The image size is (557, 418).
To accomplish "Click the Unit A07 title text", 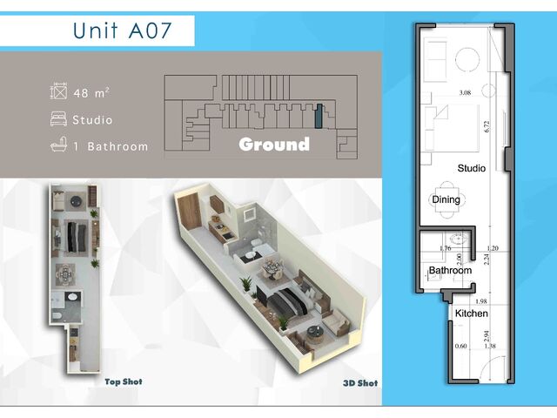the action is tap(122, 30).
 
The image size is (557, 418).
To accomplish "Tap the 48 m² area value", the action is tap(91, 93).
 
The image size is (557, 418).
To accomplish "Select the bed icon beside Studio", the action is tap(58, 119).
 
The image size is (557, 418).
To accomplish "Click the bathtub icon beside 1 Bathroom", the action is tap(58, 145).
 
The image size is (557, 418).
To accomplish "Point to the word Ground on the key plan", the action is tap(274, 144).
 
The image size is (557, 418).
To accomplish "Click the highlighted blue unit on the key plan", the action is tap(319, 116).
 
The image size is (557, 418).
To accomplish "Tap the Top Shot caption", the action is tap(124, 381).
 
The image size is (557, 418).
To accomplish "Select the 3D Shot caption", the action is tap(360, 383).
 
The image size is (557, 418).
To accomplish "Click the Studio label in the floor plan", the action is tap(472, 168).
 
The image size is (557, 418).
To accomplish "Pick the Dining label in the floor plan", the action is tap(446, 199).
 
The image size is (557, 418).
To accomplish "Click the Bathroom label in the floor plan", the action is tap(450, 270).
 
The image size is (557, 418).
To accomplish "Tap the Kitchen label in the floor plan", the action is tap(472, 313).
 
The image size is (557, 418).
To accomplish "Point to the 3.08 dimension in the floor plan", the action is tap(465, 93).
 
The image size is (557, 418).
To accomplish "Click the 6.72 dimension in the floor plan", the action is tap(487, 126).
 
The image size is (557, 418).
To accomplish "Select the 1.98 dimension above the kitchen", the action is tap(480, 301).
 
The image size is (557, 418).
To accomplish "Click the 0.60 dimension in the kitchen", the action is tap(460, 346).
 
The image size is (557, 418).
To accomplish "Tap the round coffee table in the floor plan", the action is tap(467, 59).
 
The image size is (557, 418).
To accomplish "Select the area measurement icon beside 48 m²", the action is tap(58, 91).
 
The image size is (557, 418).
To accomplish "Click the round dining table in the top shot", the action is tap(65, 274).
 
